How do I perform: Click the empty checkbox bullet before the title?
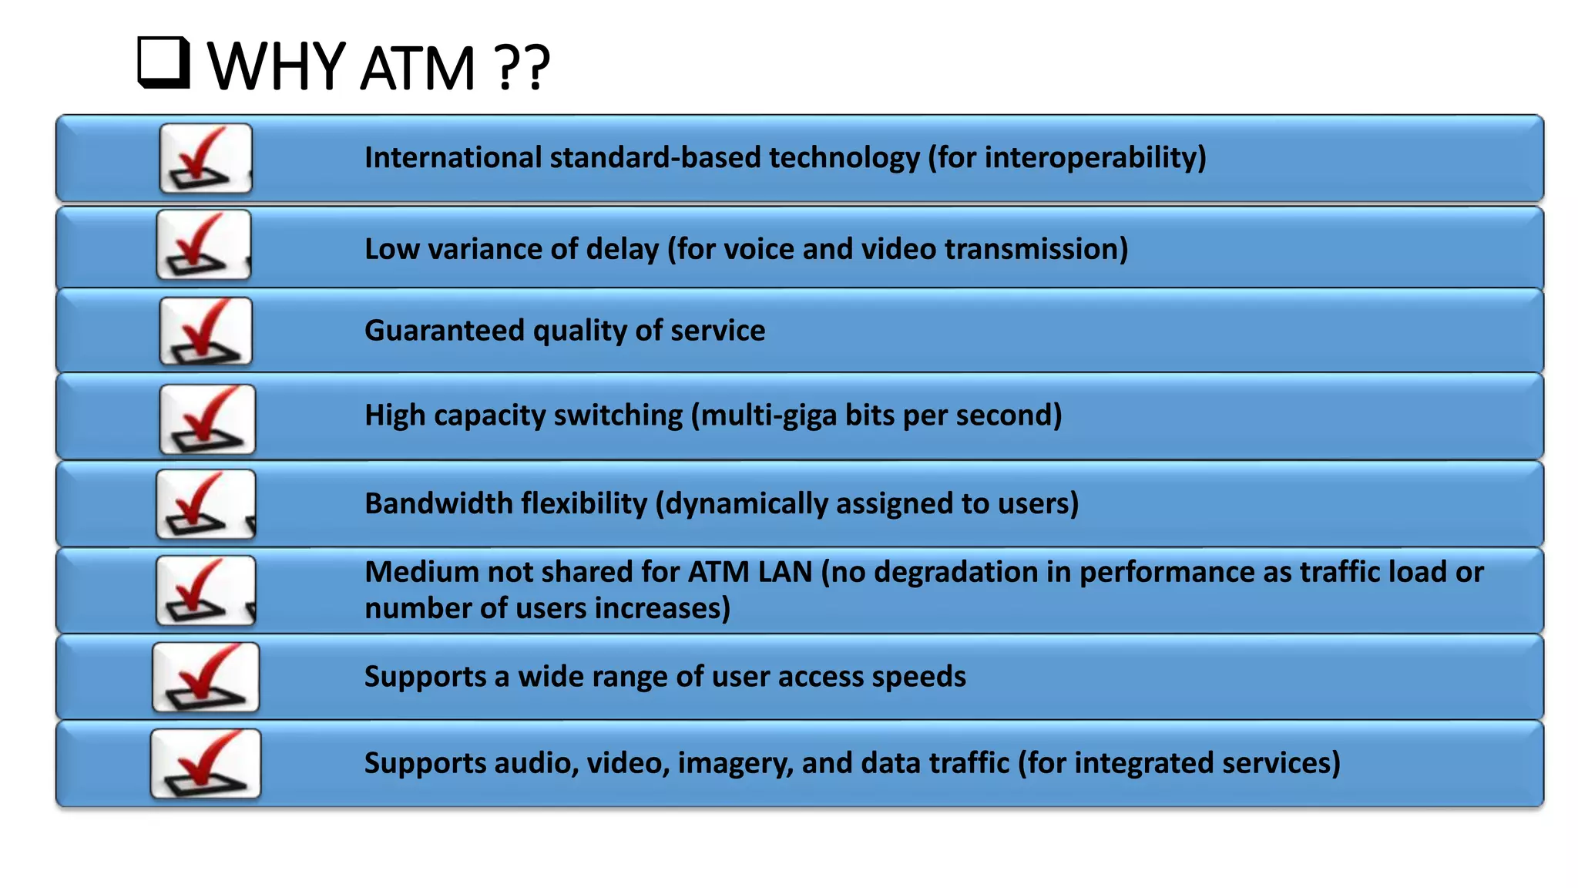(163, 62)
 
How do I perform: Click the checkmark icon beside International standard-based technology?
(205, 159)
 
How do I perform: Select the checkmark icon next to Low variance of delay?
(203, 245)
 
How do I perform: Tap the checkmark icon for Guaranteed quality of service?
(205, 331)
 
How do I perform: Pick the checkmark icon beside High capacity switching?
(206, 419)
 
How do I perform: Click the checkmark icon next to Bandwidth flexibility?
(205, 505)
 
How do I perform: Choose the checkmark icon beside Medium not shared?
(205, 591)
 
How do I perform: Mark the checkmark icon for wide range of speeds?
(206, 678)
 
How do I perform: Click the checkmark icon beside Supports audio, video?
(206, 764)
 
